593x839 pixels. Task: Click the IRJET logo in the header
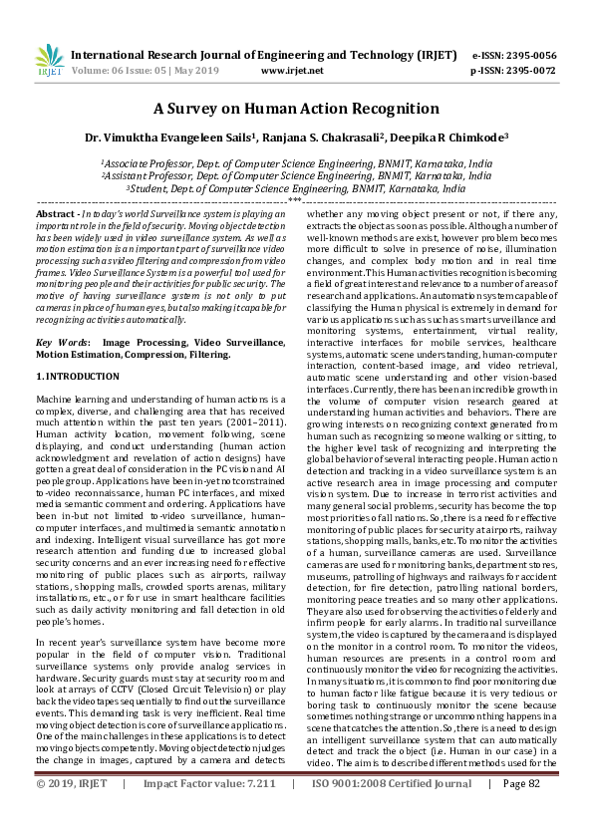click(x=49, y=61)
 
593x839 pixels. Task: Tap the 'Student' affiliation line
click(x=296, y=186)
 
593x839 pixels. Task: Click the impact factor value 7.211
click(x=254, y=811)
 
